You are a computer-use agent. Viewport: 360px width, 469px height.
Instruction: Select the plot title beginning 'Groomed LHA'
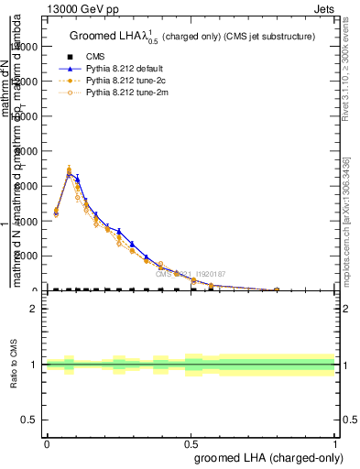point(192,37)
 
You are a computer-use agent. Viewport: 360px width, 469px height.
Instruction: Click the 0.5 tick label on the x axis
point(191,442)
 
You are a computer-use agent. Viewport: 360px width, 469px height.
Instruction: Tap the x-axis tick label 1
point(335,442)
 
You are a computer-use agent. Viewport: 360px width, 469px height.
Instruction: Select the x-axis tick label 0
point(47,442)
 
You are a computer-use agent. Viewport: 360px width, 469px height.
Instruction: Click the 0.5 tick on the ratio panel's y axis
point(30,420)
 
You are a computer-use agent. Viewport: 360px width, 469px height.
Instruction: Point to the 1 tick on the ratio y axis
point(34,365)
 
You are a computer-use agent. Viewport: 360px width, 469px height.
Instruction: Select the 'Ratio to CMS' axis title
point(14,365)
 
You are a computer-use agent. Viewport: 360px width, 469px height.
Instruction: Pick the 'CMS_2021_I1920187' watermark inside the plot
point(191,274)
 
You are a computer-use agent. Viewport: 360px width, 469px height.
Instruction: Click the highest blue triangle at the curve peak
point(70,173)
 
